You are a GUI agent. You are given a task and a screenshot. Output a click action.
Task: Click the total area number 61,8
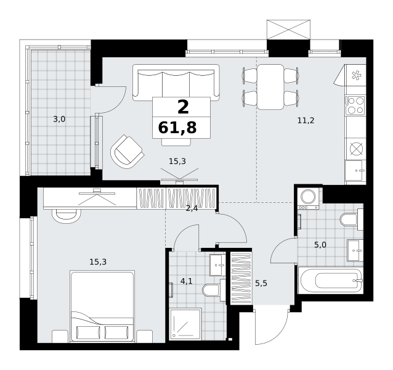click(177, 128)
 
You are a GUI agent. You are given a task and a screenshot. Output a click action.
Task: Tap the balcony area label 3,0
click(59, 119)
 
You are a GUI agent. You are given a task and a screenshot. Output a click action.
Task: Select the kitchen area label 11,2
click(306, 121)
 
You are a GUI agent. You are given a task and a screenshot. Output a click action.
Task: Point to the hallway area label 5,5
click(261, 284)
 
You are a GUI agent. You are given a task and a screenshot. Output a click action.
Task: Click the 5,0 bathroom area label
click(320, 245)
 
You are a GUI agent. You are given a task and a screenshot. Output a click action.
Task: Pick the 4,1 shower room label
click(187, 281)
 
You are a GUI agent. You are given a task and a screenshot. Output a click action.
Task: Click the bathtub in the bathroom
click(331, 280)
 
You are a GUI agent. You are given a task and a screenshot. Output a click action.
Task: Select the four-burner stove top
click(355, 105)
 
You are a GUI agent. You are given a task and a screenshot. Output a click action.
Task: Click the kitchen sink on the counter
click(354, 171)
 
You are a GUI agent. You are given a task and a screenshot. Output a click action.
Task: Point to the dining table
click(270, 87)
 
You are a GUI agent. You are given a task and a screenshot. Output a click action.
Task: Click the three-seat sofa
click(176, 83)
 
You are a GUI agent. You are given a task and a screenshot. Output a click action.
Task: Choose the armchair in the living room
click(128, 152)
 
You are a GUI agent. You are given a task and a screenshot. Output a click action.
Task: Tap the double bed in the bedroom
click(102, 306)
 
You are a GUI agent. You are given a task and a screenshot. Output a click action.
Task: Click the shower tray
click(185, 324)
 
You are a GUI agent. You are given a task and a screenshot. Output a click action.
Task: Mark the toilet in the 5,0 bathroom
click(351, 220)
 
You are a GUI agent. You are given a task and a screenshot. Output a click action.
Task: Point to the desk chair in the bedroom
click(67, 216)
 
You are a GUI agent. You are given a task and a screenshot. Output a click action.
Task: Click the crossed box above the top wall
click(288, 30)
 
